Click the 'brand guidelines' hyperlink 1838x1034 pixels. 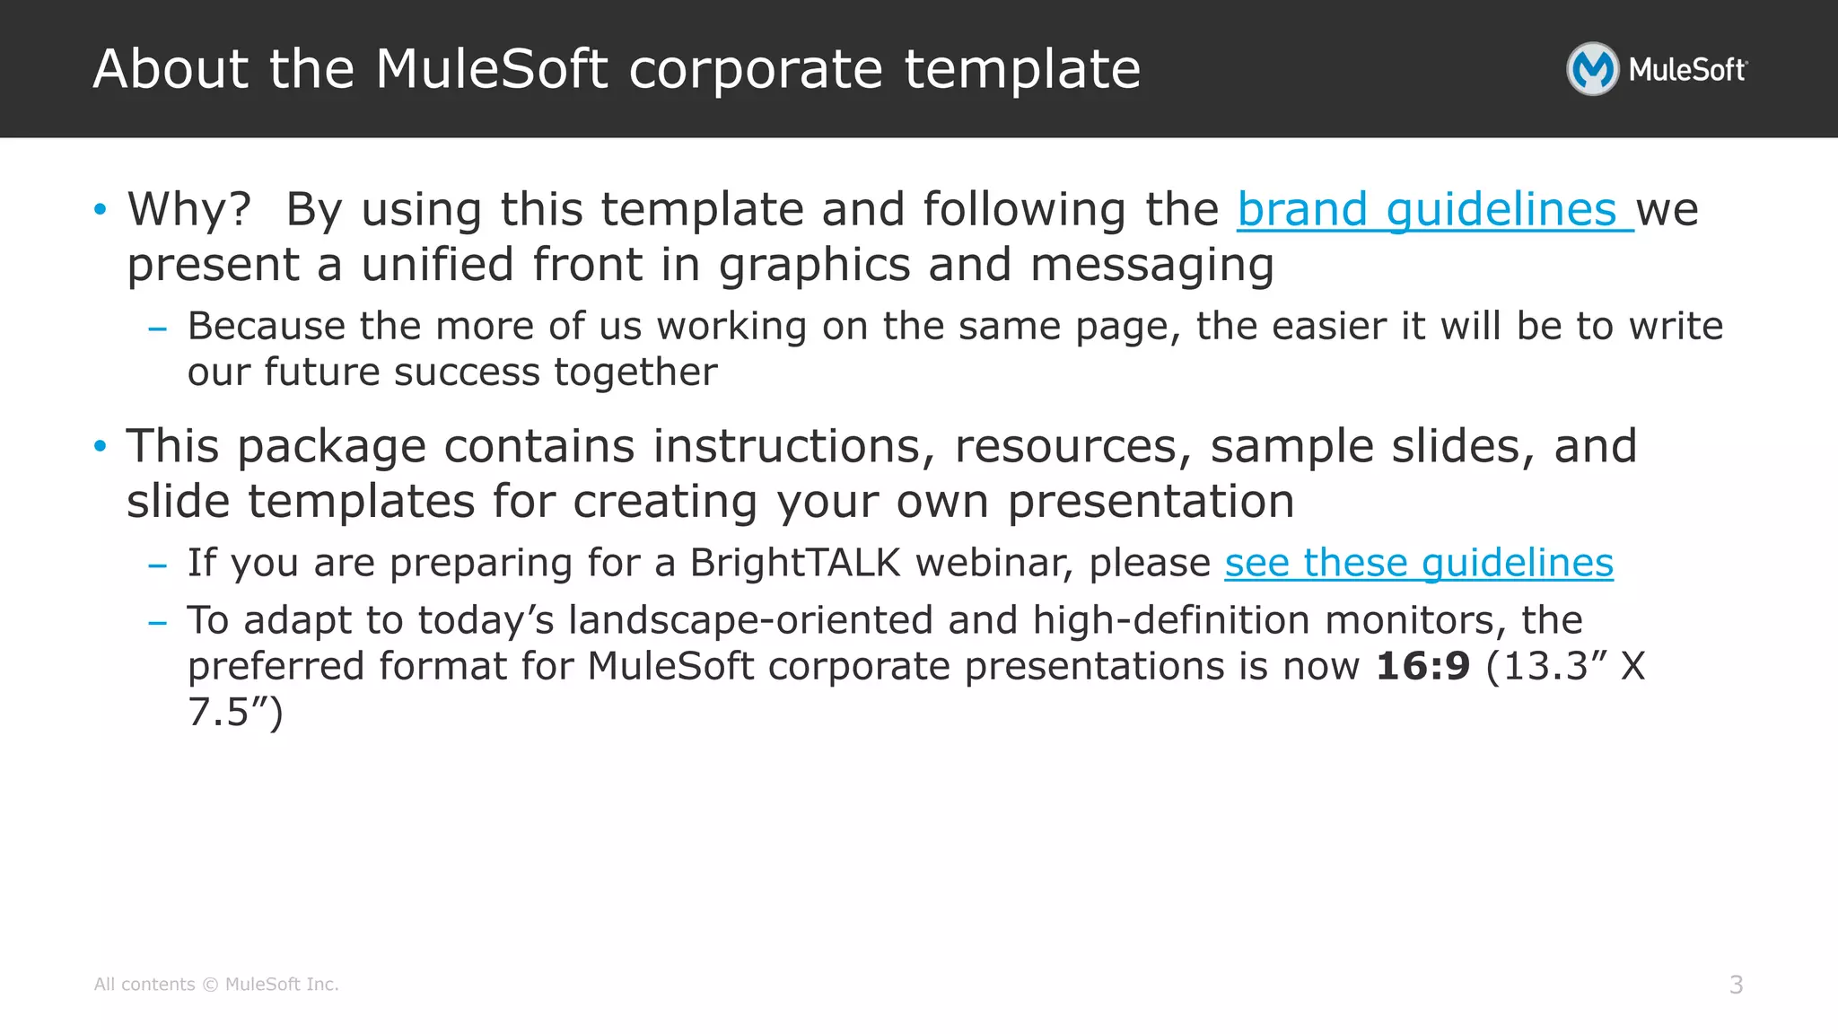point(1434,210)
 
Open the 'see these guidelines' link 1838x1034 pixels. point(1419,563)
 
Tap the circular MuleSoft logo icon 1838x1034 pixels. point(1592,69)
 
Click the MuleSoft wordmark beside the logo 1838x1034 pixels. point(1687,70)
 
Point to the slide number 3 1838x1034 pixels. point(1736,985)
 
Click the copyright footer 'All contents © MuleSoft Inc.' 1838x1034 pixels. point(216,985)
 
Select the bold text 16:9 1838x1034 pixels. point(1422,666)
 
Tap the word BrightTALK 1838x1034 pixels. point(794,563)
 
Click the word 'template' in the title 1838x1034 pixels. point(1022,69)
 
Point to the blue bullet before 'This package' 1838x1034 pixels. point(101,446)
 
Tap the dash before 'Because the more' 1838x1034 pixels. point(158,329)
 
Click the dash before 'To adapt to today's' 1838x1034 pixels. point(158,622)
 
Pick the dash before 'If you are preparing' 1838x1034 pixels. point(158,565)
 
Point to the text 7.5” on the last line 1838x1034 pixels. point(234,713)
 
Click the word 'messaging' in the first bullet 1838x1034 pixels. point(1151,266)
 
